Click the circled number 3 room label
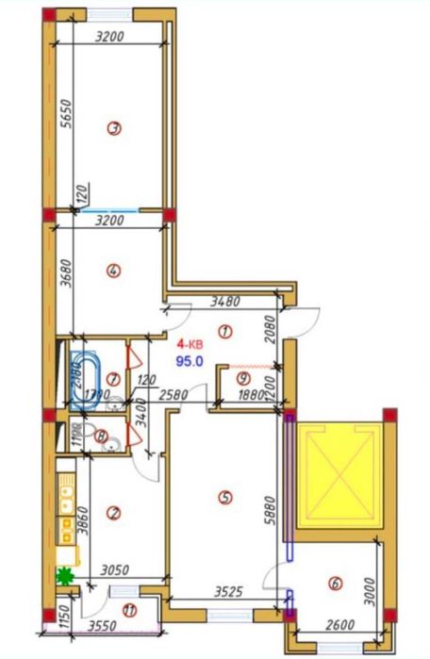pyautogui.click(x=114, y=130)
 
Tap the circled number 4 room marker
pyautogui.click(x=114, y=272)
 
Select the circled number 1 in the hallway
pyautogui.click(x=224, y=331)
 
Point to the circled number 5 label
pyautogui.click(x=223, y=497)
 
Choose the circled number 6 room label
pyautogui.click(x=335, y=584)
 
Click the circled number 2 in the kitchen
pyautogui.click(x=114, y=513)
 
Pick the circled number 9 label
pyautogui.click(x=242, y=378)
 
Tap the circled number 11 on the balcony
pyautogui.click(x=129, y=611)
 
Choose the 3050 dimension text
pyautogui.click(x=115, y=571)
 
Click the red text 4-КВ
pyautogui.click(x=190, y=345)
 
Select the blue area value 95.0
pyautogui.click(x=190, y=359)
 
